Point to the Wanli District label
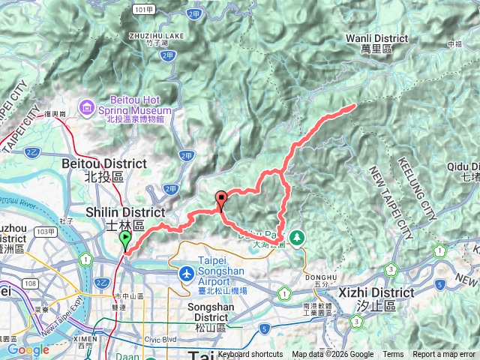click(x=377, y=38)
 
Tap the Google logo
click(x=28, y=349)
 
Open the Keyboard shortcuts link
click(x=250, y=355)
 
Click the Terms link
click(x=393, y=355)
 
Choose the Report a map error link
click(x=444, y=355)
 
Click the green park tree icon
click(x=298, y=237)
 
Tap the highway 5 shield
click(x=265, y=328)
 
